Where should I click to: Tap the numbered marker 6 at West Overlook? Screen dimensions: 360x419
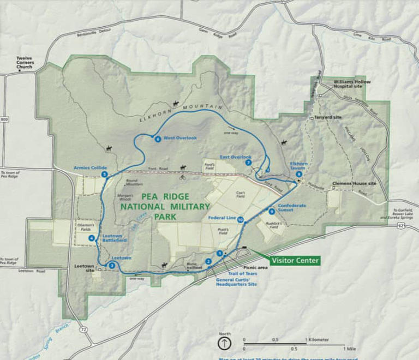pyautogui.click(x=157, y=139)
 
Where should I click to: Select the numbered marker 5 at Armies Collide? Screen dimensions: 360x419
pyautogui.click(x=104, y=174)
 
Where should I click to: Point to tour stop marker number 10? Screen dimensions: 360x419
pyautogui.click(x=240, y=220)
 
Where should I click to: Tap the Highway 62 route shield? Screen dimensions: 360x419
pyautogui.click(x=401, y=225)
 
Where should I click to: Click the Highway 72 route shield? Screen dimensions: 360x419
pyautogui.click(x=82, y=331)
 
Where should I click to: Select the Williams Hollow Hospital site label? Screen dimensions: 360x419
pyautogui.click(x=352, y=85)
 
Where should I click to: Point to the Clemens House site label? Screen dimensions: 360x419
pyautogui.click(x=355, y=183)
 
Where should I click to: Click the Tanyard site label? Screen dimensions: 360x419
pyautogui.click(x=328, y=117)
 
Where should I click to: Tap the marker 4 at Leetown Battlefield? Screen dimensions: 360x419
pyautogui.click(x=91, y=237)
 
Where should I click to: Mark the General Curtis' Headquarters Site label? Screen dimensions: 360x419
pyautogui.click(x=236, y=281)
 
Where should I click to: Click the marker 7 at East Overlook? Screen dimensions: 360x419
pyautogui.click(x=248, y=162)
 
